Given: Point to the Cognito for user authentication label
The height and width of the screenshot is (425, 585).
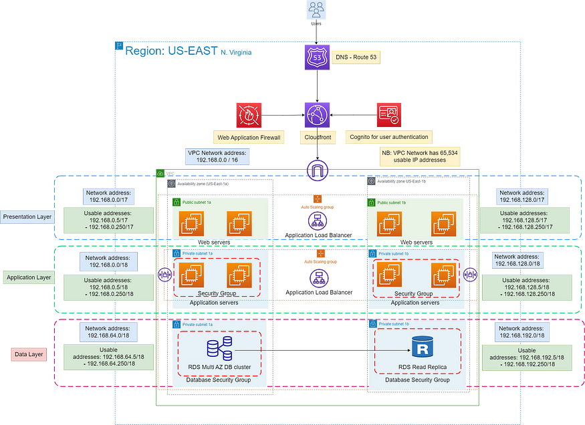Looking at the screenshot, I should coord(388,138).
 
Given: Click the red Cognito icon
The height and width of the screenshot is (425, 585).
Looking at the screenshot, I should coord(388,114).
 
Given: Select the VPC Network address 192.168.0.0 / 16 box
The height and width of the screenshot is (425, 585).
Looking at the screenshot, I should coord(217,156).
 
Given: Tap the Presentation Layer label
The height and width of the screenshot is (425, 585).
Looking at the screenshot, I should coord(27,217).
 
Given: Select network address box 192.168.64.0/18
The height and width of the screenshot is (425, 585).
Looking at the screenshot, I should coord(108,332).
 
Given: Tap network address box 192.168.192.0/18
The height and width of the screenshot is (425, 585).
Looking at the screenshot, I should coord(522,332).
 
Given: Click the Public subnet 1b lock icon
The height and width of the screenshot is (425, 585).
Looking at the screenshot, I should coord(370,201).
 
